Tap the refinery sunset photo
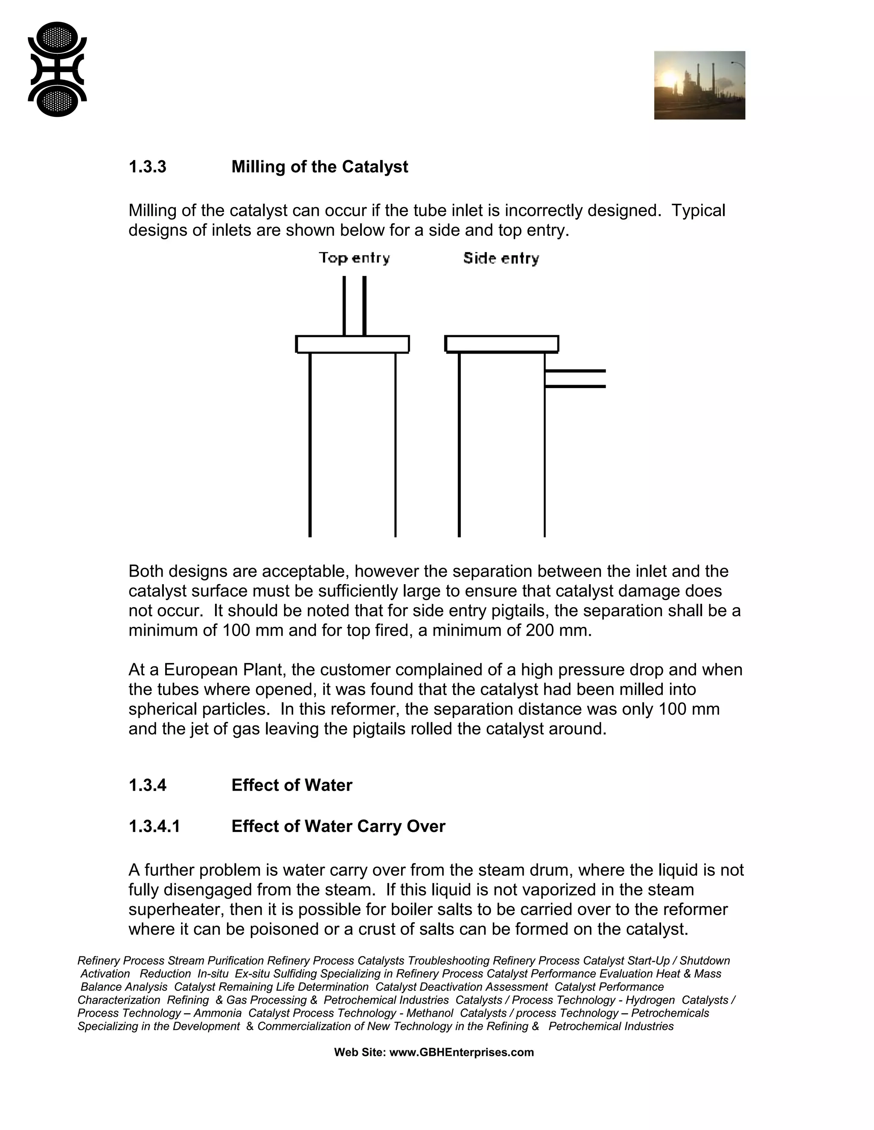699,85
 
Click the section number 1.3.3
148,167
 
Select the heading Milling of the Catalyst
320,167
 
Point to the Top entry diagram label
354,258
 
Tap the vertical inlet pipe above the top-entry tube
355,305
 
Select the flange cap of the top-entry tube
353,344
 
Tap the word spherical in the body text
162,710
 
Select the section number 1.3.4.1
154,826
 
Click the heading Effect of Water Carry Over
338,826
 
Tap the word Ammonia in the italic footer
218,1013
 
